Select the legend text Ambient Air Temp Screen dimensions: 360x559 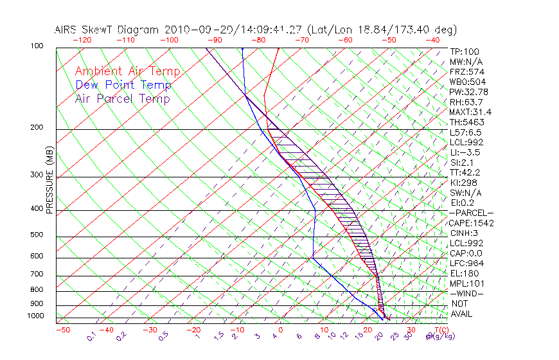tap(127, 71)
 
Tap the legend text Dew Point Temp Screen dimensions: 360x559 tap(123, 85)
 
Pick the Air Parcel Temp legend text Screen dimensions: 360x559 tap(123, 98)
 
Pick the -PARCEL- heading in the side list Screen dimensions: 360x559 tap(471, 213)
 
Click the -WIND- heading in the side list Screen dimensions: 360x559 tap(466, 294)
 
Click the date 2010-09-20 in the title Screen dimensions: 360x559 tap(193, 30)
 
